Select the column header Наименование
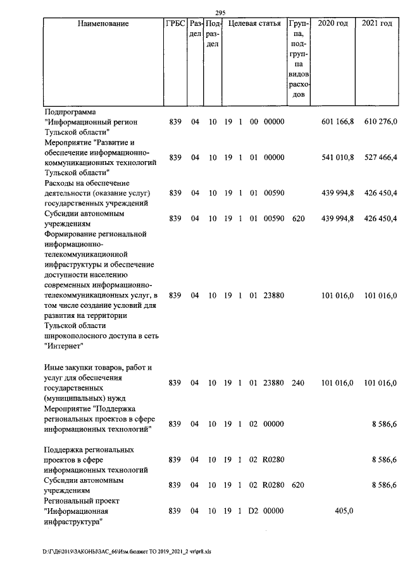pyautogui.click(x=103, y=24)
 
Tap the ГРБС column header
pyautogui.click(x=175, y=24)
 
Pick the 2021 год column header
pyautogui.click(x=377, y=24)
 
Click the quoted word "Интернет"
pyautogui.click(x=64, y=346)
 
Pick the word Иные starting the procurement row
pyautogui.click(x=53, y=367)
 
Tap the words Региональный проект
pyautogui.click(x=82, y=501)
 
